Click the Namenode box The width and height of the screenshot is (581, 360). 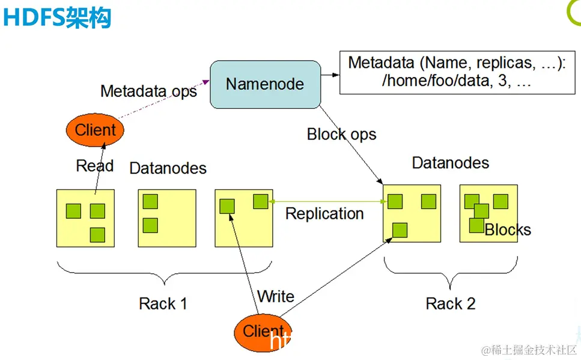coord(265,84)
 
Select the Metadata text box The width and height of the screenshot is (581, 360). coord(456,72)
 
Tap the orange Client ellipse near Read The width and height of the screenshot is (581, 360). coord(95,130)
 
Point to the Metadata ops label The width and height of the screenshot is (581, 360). coord(148,91)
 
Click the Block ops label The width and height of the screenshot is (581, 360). coord(341,134)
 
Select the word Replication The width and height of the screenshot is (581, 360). coord(324,214)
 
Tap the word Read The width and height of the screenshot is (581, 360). coord(94,166)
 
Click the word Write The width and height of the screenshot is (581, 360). coord(276,296)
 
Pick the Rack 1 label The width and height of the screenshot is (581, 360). coord(163,304)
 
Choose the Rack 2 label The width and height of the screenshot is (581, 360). coord(451,304)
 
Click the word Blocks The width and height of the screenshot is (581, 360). coord(508,230)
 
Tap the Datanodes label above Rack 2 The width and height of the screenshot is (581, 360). coord(451,163)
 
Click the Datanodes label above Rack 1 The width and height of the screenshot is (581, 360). coord(168,168)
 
